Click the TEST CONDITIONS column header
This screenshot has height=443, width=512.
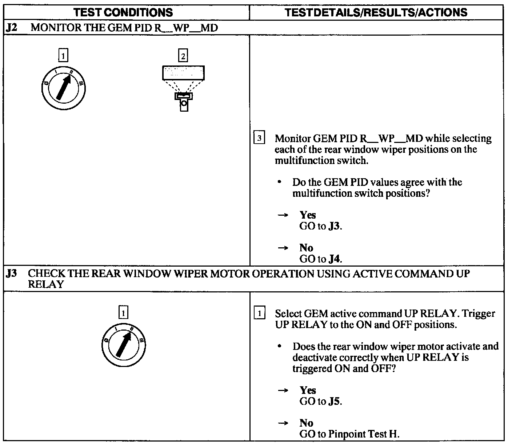123,12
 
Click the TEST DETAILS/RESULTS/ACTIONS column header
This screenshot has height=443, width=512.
376,12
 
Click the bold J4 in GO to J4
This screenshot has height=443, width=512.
335,259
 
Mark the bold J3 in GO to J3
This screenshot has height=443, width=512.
335,226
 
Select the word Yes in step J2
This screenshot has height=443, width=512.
308,215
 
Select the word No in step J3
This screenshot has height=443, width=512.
306,423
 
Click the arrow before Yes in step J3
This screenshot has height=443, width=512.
283,390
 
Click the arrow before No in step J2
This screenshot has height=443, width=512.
283,248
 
